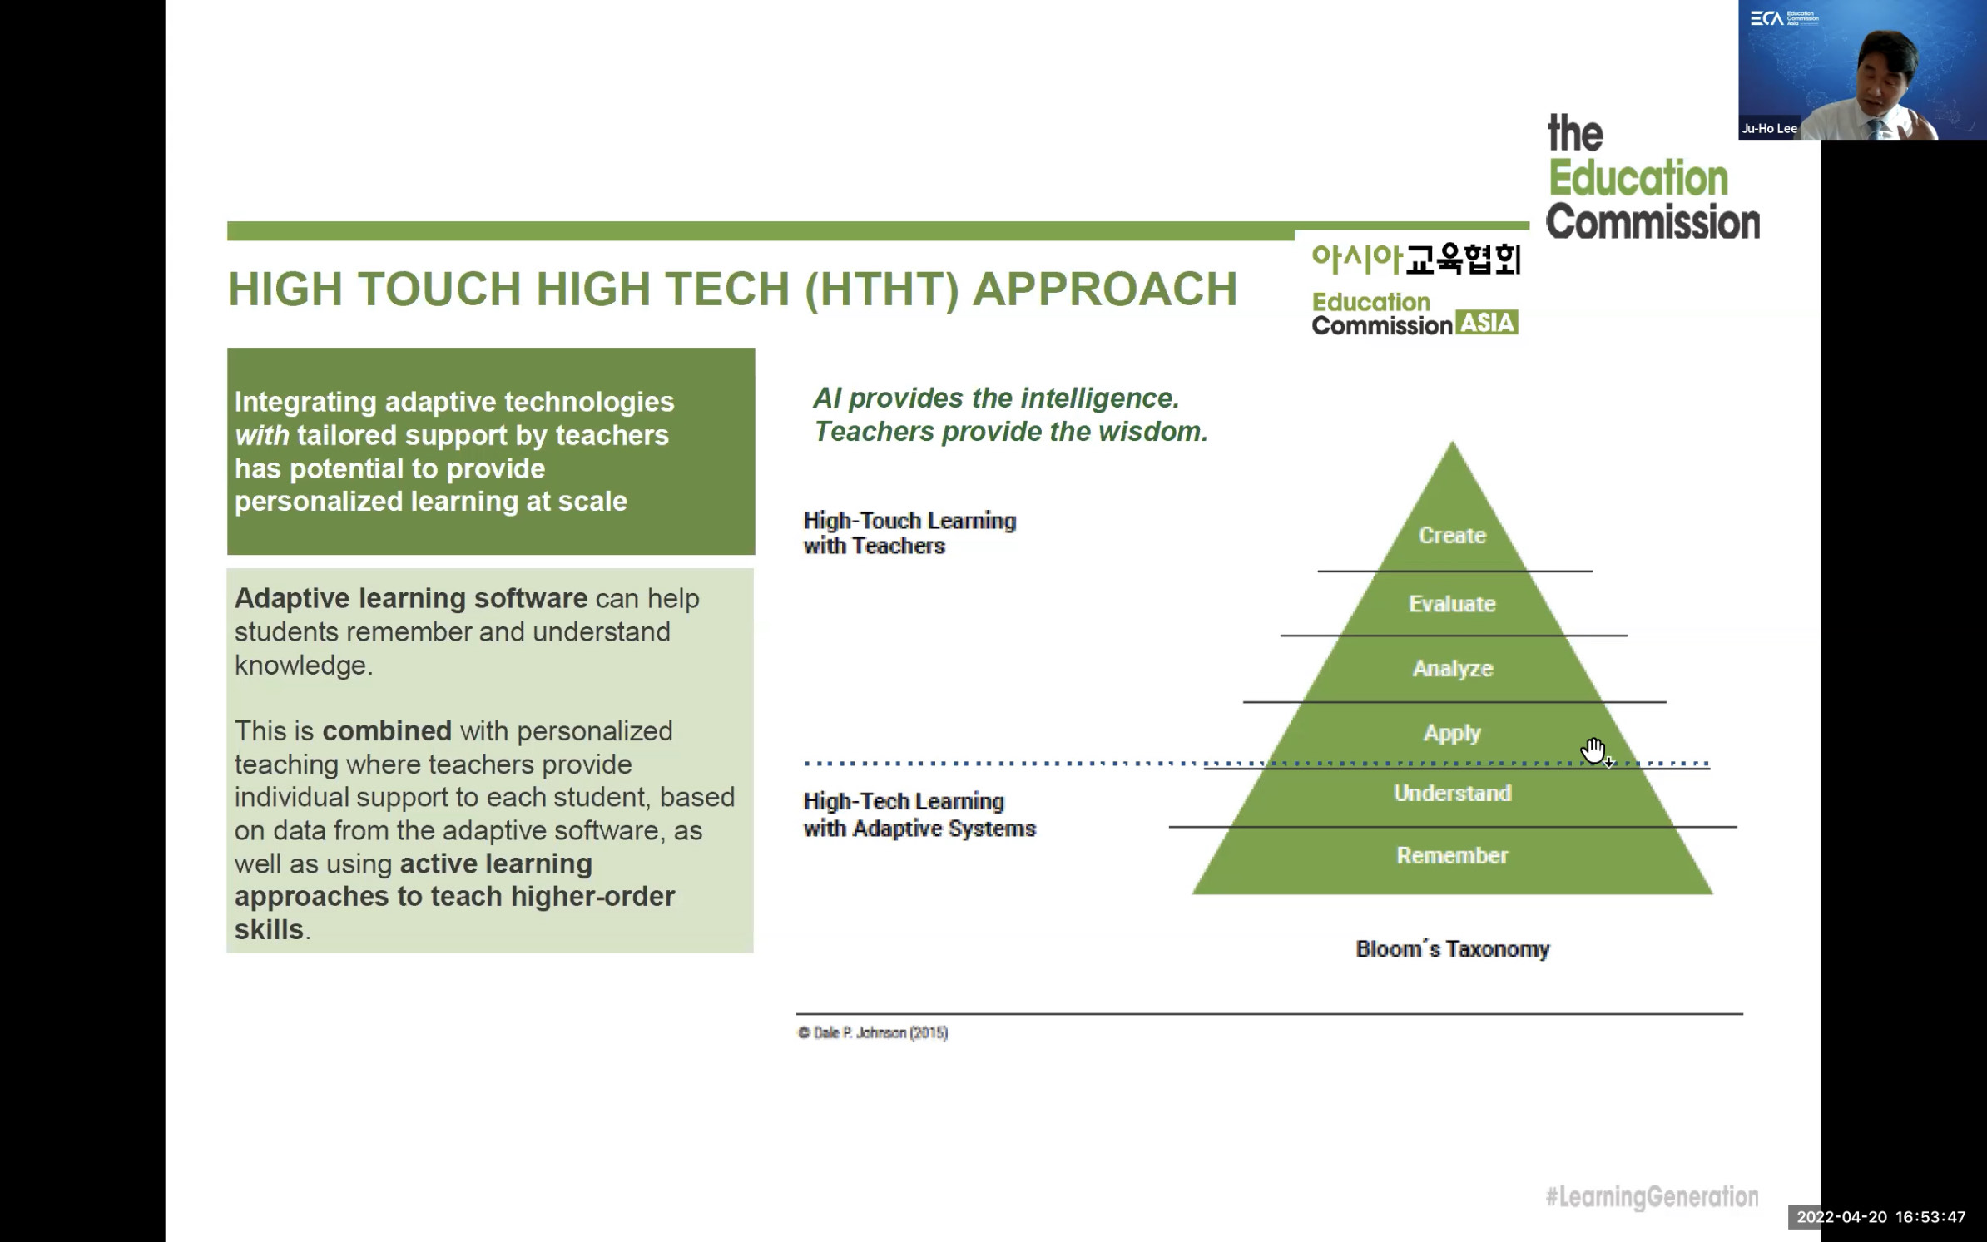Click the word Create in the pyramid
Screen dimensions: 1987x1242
[1452, 535]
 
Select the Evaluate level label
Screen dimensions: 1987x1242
[1452, 604]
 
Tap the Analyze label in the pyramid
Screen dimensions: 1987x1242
[1453, 669]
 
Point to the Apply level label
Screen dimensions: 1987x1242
[1452, 733]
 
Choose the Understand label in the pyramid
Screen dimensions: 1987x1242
[1452, 794]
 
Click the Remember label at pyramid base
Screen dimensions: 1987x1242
[1452, 855]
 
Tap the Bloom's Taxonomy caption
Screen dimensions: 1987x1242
[1453, 949]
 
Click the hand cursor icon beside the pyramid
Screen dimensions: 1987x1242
[1594, 751]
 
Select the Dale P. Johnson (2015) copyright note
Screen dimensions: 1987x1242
[873, 1032]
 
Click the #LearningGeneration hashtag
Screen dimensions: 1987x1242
[1652, 1196]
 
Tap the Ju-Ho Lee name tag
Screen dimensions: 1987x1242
[1769, 128]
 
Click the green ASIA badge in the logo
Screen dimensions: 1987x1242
[1487, 322]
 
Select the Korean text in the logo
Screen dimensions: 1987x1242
[1416, 260]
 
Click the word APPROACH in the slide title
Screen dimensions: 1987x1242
[1105, 289]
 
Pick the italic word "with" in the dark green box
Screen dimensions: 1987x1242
[261, 435]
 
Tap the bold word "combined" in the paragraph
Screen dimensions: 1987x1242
[387, 731]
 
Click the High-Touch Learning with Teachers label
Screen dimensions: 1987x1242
[909, 533]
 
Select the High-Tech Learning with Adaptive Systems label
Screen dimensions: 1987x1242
[919, 814]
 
